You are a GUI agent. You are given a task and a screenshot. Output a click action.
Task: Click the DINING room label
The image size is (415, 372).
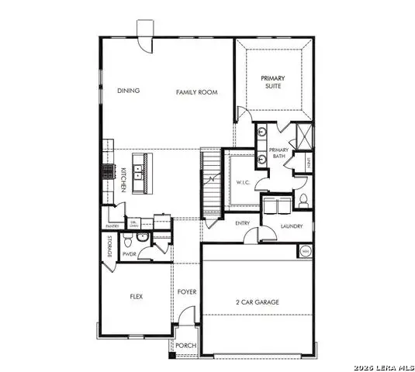click(x=129, y=91)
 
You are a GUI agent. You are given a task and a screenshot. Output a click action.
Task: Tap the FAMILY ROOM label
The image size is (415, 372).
click(x=196, y=92)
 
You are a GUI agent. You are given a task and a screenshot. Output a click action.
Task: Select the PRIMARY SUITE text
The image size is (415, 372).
click(x=272, y=82)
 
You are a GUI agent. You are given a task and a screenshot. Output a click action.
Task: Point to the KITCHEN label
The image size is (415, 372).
click(x=123, y=180)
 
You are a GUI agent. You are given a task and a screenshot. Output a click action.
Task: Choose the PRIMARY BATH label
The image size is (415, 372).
click(x=278, y=153)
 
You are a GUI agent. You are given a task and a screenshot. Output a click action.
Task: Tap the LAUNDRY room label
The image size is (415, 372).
click(x=292, y=226)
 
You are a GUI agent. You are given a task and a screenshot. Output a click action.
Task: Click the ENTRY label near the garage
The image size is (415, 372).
click(x=242, y=223)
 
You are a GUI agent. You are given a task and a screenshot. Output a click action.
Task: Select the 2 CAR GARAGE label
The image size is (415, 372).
click(x=257, y=302)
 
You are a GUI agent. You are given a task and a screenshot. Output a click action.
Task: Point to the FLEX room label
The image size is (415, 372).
click(x=137, y=296)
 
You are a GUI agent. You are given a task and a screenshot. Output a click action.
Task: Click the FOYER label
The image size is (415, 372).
click(x=186, y=292)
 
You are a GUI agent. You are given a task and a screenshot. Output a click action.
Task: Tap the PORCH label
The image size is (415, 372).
click(x=185, y=346)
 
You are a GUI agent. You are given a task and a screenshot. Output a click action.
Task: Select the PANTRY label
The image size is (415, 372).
click(x=112, y=226)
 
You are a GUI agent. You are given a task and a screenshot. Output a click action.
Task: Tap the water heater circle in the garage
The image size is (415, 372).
click(x=305, y=251)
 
